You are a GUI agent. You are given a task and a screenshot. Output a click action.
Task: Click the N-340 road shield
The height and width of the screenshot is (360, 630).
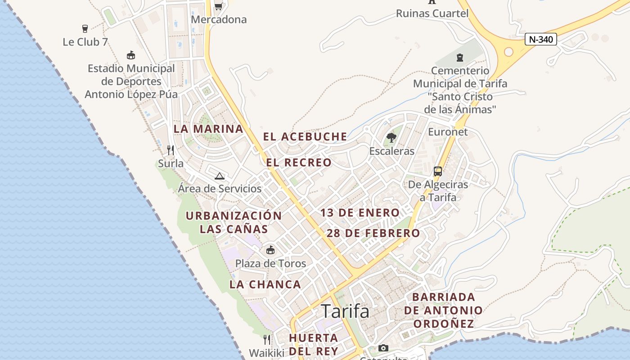coord(541,40)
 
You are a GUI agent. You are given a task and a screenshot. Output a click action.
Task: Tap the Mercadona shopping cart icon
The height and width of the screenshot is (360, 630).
coord(218,6)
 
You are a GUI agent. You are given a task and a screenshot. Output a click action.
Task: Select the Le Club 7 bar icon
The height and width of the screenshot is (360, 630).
coord(85,29)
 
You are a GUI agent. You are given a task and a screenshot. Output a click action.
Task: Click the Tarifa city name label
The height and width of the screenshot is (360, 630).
coord(345,311)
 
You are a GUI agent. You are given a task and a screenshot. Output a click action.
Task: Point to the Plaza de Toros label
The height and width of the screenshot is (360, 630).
coord(270,263)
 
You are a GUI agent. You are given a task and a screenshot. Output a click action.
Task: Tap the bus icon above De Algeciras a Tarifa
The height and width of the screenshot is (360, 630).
coord(438,171)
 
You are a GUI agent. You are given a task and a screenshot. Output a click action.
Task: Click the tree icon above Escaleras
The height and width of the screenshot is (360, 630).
coord(391,138)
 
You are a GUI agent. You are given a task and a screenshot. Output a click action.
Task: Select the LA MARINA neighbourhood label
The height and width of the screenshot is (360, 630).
coord(208,129)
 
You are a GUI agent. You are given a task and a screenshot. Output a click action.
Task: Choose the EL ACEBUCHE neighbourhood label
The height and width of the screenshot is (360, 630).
coord(305,136)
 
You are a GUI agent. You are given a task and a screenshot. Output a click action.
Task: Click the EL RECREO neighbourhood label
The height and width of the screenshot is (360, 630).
coord(299,162)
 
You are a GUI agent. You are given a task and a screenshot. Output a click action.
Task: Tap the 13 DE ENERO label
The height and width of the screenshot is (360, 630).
coord(360,213)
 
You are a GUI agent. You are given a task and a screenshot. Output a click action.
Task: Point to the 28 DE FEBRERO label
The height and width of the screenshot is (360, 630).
coord(373,233)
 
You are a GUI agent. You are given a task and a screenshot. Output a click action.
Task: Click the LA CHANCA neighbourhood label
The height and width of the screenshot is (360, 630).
coord(265,284)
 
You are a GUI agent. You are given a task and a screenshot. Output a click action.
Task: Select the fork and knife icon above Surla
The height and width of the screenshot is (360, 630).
coord(171,150)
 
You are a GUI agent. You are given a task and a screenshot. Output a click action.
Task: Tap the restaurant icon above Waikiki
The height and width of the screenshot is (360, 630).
coord(267,339)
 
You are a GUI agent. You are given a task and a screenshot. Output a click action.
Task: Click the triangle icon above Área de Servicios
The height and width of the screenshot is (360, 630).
coord(220,176)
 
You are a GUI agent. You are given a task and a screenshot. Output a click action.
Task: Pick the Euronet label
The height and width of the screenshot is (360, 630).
coord(448,132)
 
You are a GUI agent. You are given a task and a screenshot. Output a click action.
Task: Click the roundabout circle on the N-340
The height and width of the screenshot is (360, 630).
coord(508,52)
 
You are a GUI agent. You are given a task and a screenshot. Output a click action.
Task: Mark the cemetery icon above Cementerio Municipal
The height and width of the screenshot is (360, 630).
coord(460,58)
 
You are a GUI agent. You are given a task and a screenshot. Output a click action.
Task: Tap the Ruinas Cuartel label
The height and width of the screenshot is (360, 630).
coord(432,13)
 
